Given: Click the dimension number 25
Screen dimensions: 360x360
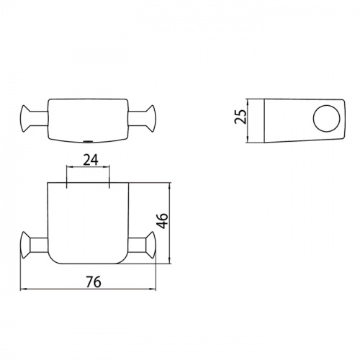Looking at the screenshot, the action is (x=240, y=117).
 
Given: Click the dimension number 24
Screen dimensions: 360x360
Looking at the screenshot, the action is (x=91, y=160).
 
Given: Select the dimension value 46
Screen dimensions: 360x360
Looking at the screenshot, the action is (x=162, y=220).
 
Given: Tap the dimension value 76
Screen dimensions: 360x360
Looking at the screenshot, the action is (x=94, y=282).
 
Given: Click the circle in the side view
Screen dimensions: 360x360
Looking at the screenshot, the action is (x=326, y=118).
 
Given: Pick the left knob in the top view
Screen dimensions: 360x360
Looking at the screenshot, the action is (x=25, y=118).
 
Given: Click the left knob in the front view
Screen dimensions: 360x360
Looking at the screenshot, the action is (x=25, y=245).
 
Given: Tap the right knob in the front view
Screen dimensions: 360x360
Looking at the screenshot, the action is (x=150, y=245).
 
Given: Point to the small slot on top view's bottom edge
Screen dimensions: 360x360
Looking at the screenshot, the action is (x=88, y=141).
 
